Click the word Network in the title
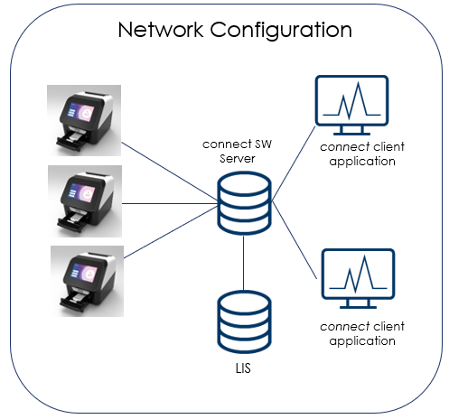click(x=161, y=30)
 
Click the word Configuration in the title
click(x=281, y=31)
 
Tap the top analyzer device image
click(x=84, y=120)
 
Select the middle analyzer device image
click(x=85, y=201)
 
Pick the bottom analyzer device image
click(x=87, y=281)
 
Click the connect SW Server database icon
click(x=244, y=203)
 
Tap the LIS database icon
click(x=244, y=322)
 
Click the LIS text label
click(x=243, y=368)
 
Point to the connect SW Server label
click(x=237, y=151)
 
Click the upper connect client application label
click(x=362, y=154)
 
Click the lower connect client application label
click(x=362, y=333)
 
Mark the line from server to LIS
click(x=243, y=263)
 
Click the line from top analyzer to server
click(x=169, y=172)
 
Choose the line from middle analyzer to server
click(x=170, y=204)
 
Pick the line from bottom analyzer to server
click(x=171, y=232)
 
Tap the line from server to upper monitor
click(x=294, y=163)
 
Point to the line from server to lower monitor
click(x=295, y=240)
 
